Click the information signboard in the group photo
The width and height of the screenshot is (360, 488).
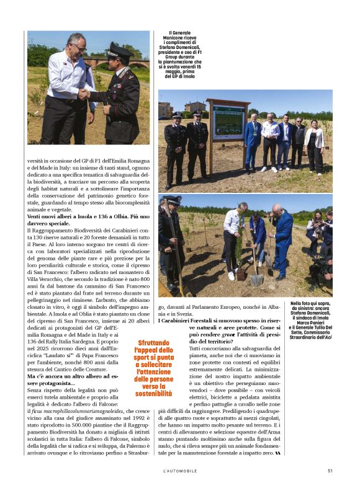pyautogui.click(x=228, y=121)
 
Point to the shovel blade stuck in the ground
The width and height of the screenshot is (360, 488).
pyautogui.click(x=257, y=278)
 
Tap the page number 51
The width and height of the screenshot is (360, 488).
pyautogui.click(x=330, y=471)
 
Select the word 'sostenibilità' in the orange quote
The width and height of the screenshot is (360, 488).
pyautogui.click(x=153, y=393)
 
